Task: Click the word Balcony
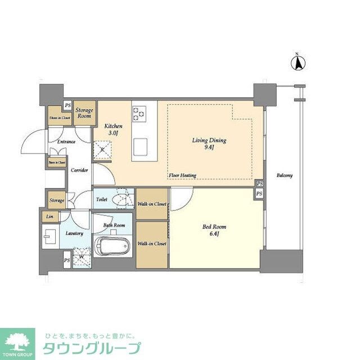(285, 175)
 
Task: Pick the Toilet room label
(102, 199)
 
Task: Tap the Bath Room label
(114, 225)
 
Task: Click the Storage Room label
(84, 112)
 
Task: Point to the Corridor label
(79, 169)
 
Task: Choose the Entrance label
(66, 142)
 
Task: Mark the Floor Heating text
(183, 175)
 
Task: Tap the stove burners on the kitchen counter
(139, 113)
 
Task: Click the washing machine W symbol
(83, 257)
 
